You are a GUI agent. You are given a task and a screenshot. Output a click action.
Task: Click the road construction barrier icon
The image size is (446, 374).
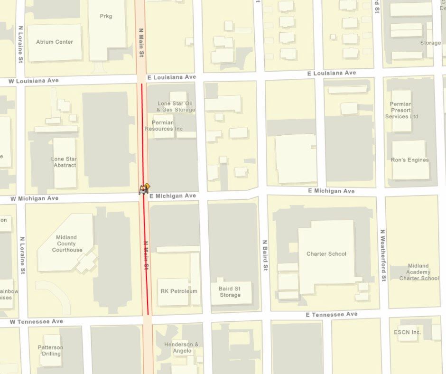(x=144, y=189)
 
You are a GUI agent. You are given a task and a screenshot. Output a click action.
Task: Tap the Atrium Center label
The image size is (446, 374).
(x=55, y=42)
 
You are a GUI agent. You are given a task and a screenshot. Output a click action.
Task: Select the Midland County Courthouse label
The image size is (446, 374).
(x=67, y=243)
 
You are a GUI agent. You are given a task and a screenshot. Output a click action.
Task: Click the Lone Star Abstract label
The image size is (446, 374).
(x=65, y=162)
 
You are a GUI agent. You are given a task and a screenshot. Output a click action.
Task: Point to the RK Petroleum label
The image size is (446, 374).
(x=179, y=291)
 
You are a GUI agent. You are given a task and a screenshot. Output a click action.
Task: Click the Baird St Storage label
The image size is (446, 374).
(x=230, y=291)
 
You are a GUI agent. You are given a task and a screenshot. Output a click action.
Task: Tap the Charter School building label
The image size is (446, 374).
(x=326, y=253)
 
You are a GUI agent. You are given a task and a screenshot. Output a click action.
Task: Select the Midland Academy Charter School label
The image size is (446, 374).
(x=418, y=272)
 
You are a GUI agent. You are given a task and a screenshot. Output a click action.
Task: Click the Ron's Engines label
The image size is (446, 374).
(x=410, y=160)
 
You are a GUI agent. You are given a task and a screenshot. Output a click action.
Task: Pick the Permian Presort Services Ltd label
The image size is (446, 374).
(x=401, y=110)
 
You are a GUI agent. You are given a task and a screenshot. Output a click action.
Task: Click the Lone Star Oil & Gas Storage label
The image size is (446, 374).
(x=176, y=106)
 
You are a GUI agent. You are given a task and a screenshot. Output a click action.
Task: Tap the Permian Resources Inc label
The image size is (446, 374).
(x=164, y=125)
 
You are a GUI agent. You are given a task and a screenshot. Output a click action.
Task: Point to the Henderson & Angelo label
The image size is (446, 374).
(x=181, y=347)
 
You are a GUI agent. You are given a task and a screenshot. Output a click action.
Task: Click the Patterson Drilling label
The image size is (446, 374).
(x=50, y=350)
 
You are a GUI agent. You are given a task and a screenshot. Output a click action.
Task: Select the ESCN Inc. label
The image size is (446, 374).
(x=408, y=332)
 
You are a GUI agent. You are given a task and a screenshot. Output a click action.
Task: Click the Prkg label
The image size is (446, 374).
(x=106, y=16)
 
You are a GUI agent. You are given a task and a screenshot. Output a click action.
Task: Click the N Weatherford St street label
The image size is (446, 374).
(x=383, y=255)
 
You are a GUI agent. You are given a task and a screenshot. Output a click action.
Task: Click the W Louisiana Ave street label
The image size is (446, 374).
(x=34, y=81)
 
